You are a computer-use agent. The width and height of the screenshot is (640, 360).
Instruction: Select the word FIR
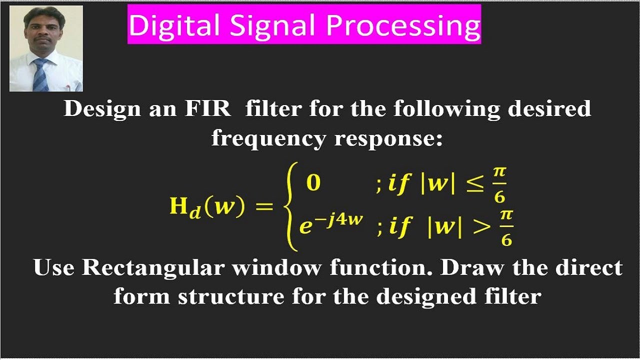click(x=210, y=108)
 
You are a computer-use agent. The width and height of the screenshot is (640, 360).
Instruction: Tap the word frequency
click(x=269, y=138)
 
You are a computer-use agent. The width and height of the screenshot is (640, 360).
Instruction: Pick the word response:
click(x=388, y=138)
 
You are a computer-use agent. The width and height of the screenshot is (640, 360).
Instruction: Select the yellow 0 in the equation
click(x=313, y=183)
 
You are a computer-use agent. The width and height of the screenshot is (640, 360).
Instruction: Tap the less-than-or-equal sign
click(x=474, y=185)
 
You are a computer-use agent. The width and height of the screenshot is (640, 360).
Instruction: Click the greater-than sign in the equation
click(x=483, y=227)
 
